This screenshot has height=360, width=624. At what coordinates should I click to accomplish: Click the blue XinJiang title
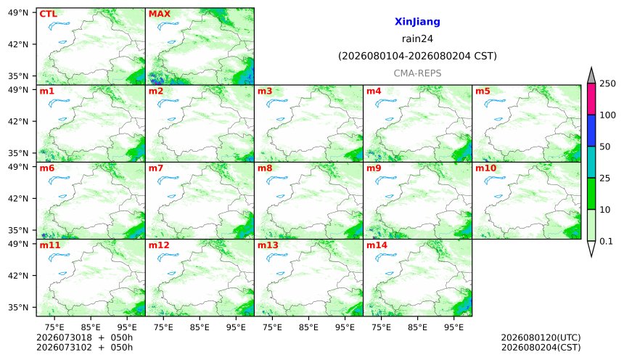(417, 22)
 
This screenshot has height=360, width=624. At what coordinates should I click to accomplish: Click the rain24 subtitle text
(417, 39)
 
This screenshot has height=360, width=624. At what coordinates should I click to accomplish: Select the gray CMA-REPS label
(417, 73)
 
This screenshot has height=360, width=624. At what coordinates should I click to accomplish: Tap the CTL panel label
(48, 14)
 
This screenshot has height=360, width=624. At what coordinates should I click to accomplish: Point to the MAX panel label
(159, 14)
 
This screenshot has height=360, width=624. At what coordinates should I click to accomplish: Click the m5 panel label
(483, 91)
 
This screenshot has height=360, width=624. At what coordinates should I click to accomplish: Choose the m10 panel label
(486, 168)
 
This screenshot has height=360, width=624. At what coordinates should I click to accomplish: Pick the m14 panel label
(377, 245)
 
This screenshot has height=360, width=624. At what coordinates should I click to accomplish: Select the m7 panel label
(156, 168)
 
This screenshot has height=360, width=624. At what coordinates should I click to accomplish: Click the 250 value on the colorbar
(607, 83)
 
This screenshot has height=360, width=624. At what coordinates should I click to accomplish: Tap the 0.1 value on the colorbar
(606, 241)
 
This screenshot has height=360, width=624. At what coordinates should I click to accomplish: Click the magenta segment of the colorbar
(591, 99)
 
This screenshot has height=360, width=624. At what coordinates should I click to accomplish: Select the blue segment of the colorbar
(591, 131)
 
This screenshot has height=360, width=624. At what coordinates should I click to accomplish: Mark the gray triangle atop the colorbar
(591, 76)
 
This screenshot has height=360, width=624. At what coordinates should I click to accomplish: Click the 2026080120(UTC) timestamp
(541, 337)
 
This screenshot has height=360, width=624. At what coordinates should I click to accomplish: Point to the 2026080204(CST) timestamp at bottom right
(541, 348)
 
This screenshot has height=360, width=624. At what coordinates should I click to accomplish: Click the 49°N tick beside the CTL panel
(18, 13)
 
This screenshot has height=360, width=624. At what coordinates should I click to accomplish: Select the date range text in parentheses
(417, 56)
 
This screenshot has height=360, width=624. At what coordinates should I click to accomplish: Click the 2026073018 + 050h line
(84, 337)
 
